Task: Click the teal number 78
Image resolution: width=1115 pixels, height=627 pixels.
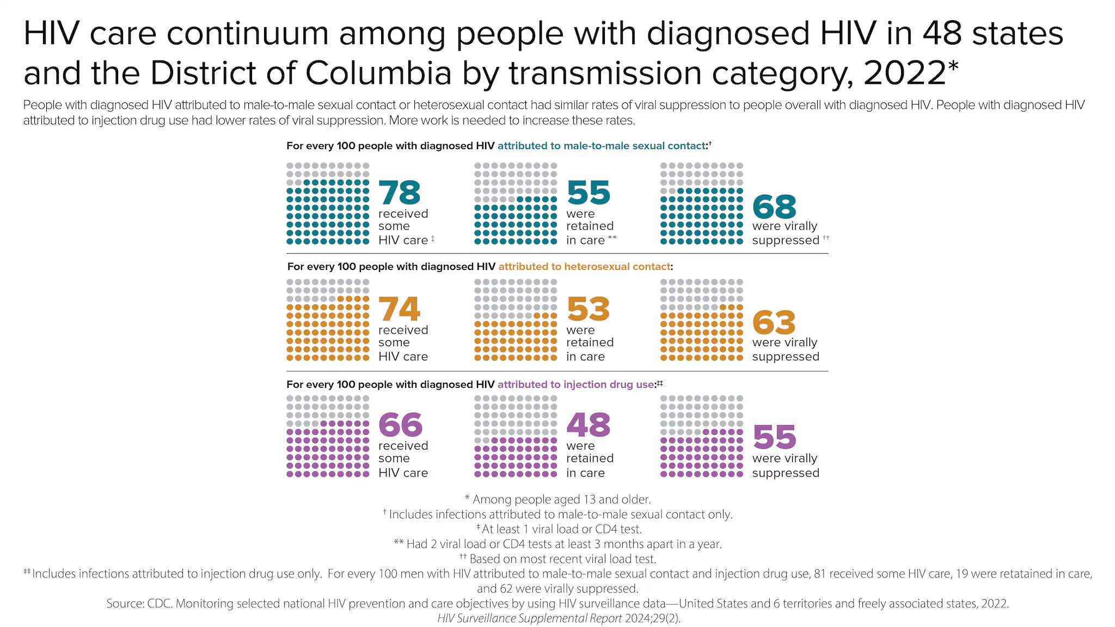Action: point(400,193)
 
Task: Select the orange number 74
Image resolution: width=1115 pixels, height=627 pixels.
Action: point(400,309)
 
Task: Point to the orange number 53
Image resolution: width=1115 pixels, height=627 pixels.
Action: point(588,309)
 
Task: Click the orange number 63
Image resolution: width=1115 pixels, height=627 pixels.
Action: point(774,323)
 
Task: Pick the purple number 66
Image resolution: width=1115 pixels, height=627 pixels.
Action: point(400,425)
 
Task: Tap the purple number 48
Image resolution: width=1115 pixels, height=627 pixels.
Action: point(588,425)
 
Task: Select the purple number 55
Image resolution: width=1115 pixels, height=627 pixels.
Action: point(774,437)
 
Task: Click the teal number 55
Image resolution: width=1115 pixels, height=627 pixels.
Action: point(588,193)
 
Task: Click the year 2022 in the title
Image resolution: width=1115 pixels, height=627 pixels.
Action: point(905,73)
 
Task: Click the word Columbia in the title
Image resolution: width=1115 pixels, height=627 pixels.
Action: point(378,73)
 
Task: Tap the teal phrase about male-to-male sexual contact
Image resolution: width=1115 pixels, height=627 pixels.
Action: point(601,146)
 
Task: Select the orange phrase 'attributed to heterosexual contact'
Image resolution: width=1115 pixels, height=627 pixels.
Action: point(584,267)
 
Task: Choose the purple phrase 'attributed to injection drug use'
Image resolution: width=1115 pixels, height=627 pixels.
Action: point(575,384)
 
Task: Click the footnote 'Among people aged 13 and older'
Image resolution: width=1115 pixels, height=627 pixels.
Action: point(561,499)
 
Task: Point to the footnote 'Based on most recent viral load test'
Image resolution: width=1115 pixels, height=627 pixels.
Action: point(562,559)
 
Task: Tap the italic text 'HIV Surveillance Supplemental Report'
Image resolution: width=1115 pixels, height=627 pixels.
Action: point(529,618)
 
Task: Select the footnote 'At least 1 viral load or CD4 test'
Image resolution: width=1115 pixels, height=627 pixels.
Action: point(561,529)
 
